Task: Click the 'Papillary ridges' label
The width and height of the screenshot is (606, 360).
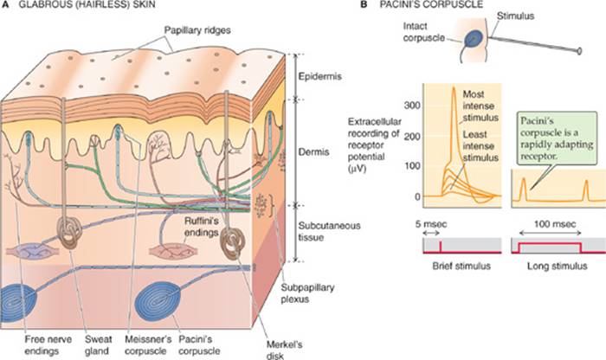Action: point(197,30)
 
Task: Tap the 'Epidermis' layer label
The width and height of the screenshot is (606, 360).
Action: point(320,76)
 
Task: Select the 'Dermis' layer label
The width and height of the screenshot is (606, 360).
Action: point(313,151)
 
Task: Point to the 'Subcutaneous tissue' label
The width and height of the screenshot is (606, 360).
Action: point(329,231)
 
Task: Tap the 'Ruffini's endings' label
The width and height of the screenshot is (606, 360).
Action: point(202,227)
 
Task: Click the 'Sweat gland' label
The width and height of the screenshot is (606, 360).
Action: point(98,345)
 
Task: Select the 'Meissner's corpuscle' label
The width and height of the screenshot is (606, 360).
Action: point(148,345)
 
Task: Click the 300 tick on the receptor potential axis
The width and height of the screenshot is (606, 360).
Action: point(412,106)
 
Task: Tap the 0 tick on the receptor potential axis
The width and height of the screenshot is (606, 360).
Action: point(417,196)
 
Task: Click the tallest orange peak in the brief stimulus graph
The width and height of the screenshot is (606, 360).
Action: point(455,88)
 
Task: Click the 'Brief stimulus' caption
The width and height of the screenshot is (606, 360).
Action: point(461,267)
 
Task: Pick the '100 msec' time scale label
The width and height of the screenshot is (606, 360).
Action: point(555,224)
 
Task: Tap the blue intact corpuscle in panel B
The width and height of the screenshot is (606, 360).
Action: point(474,39)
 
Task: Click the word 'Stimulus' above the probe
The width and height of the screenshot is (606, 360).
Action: point(516,16)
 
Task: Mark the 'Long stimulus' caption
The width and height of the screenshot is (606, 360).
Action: point(557,267)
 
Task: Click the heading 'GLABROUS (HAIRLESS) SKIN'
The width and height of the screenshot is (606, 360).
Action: point(87,4)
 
